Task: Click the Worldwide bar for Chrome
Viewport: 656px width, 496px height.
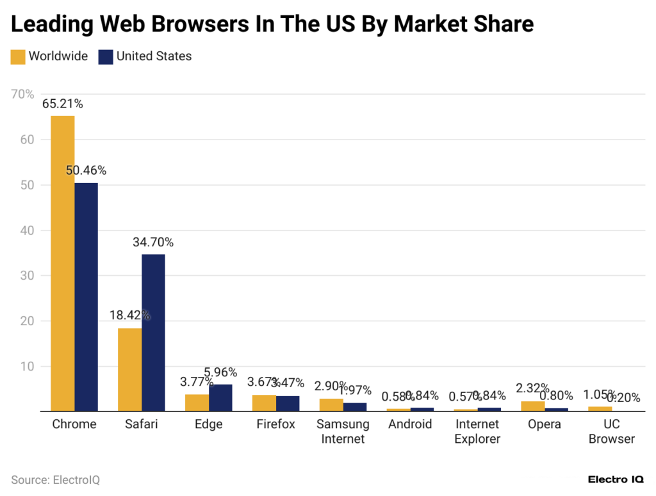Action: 63,263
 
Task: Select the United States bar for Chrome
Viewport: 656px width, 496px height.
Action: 86,297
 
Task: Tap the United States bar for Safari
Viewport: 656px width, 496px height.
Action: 154,333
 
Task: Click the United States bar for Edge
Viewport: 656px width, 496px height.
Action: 220,397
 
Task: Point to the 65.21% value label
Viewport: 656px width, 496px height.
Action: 62,104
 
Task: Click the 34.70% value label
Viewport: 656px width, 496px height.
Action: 153,243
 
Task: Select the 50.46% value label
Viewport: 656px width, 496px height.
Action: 86,171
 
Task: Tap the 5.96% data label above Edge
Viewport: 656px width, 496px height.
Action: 220,372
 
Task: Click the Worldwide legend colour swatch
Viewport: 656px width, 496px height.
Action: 18,56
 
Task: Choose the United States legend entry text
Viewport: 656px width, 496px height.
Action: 154,56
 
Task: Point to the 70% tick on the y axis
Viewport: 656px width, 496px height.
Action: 23,95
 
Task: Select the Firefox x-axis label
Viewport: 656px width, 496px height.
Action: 275,424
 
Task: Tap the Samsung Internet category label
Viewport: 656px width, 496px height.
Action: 343,431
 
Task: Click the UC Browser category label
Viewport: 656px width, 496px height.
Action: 611,431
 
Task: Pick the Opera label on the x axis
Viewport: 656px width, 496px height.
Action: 545,424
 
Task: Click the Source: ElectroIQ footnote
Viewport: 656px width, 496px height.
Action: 56,480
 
